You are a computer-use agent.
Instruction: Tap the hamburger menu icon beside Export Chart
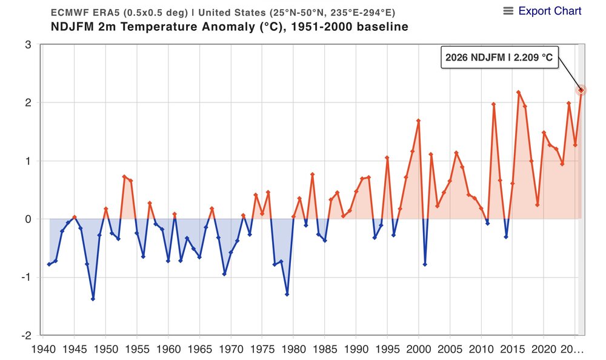508,11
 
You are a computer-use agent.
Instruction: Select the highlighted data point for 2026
581,90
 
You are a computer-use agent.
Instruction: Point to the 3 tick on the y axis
28,44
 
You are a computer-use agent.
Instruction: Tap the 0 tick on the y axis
28,219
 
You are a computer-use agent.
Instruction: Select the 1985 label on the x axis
324,350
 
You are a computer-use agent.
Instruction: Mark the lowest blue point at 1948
93,299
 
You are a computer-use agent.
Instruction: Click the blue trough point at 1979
287,294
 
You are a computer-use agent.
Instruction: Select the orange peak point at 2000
418,121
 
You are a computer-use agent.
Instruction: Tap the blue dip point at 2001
425,264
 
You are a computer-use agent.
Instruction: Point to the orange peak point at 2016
519,92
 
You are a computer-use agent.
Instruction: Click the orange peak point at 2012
493,104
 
